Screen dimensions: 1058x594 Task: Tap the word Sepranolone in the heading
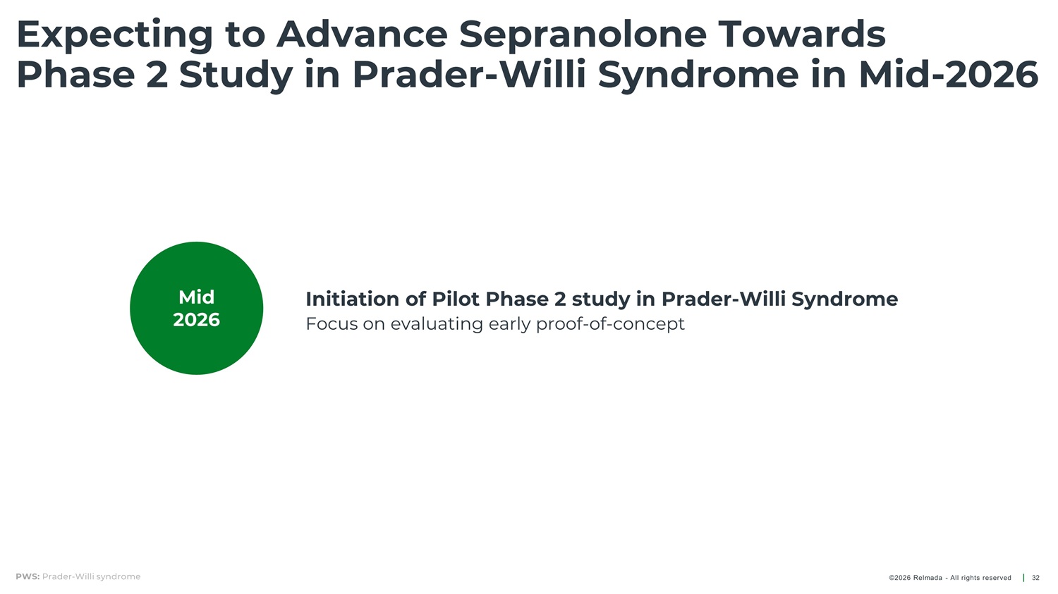click(583, 35)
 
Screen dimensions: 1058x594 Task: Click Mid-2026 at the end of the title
click(949, 75)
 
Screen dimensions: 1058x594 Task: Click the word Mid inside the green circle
click(197, 297)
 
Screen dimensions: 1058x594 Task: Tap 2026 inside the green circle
click(197, 320)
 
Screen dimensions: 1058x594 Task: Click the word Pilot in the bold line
click(456, 299)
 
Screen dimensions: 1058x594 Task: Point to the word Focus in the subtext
click(332, 324)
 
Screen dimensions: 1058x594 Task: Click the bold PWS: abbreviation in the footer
click(28, 576)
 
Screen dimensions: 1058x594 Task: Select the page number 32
click(1035, 578)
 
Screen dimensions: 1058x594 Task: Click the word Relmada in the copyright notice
click(928, 578)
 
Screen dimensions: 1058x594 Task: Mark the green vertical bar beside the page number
click(1023, 578)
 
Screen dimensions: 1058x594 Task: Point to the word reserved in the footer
click(995, 578)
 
